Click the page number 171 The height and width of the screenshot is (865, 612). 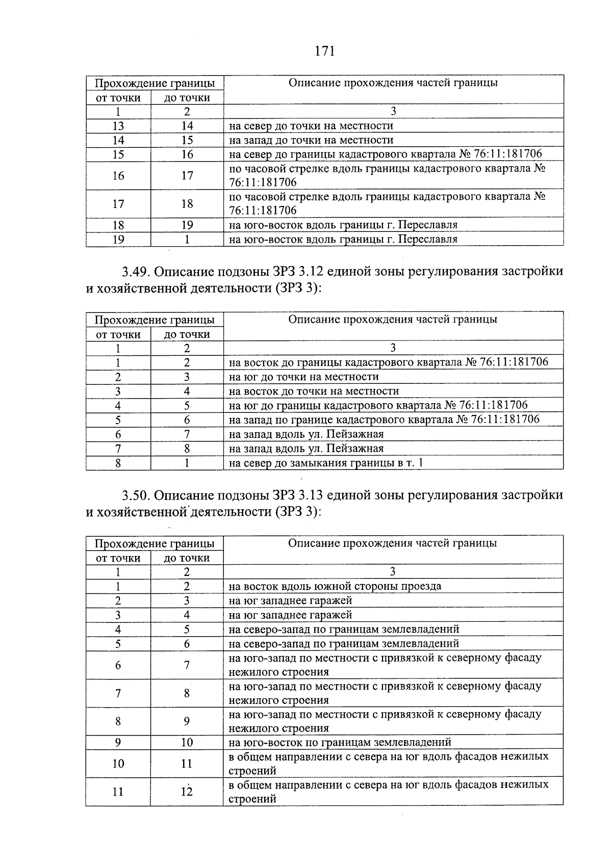coord(325,51)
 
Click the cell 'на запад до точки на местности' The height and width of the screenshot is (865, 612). coord(311,140)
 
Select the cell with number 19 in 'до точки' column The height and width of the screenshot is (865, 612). coord(187,225)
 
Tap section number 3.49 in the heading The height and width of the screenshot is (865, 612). coord(135,272)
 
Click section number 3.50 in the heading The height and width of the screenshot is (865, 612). coord(135,495)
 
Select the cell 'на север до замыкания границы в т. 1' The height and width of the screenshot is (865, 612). coord(326,463)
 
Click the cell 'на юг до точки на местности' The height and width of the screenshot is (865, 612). coord(304,377)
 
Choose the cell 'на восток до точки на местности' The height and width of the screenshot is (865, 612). coord(314,391)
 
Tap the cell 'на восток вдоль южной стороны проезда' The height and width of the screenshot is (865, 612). coord(335,586)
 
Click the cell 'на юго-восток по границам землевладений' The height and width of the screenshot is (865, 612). coord(340,743)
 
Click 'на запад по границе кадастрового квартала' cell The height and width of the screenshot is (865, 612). coord(384,420)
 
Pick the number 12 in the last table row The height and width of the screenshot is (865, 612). coord(187,792)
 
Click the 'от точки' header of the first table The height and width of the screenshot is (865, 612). coord(118,98)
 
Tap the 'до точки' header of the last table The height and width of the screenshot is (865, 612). coord(187,558)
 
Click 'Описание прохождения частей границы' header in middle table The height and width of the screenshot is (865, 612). coord(393,320)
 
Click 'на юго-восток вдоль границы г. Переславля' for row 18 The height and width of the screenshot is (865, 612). coord(343,225)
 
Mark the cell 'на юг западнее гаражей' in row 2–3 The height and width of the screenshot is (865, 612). coord(291,601)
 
